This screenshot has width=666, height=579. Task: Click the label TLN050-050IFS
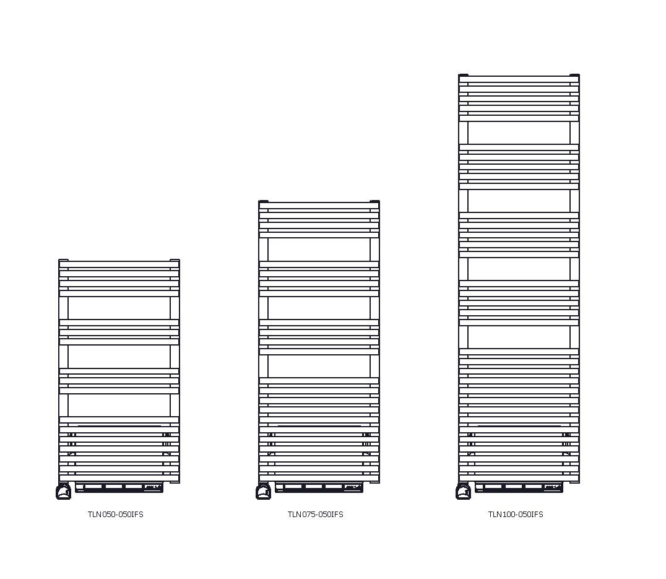(x=115, y=515)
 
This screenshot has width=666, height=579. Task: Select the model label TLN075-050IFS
(x=315, y=515)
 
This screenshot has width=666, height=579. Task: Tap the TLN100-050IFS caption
(x=515, y=515)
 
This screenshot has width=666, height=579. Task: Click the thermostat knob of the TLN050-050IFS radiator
(x=63, y=492)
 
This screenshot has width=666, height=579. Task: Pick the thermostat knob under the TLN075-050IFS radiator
(x=263, y=492)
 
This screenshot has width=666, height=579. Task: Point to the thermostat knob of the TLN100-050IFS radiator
(x=463, y=492)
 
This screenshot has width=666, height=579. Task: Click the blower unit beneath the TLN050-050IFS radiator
(x=119, y=488)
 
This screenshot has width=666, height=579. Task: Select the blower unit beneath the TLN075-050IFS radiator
(x=319, y=488)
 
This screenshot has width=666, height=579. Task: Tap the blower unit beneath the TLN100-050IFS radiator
(x=519, y=488)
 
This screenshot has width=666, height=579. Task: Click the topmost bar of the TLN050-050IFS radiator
(x=119, y=264)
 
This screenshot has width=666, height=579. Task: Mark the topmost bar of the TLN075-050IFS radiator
(x=319, y=206)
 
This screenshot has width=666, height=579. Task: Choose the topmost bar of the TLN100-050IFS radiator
(x=519, y=79)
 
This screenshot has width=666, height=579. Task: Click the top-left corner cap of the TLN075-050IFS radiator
(x=264, y=201)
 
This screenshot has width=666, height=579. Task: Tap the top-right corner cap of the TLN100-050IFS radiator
(x=574, y=75)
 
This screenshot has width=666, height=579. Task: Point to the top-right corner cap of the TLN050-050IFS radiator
(x=175, y=260)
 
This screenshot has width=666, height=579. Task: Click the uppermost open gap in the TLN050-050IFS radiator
(x=119, y=308)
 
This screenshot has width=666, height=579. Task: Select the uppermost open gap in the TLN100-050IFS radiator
(x=519, y=133)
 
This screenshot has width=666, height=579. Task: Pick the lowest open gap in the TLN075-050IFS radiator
(x=319, y=365)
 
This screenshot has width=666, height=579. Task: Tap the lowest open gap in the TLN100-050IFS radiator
(x=519, y=337)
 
